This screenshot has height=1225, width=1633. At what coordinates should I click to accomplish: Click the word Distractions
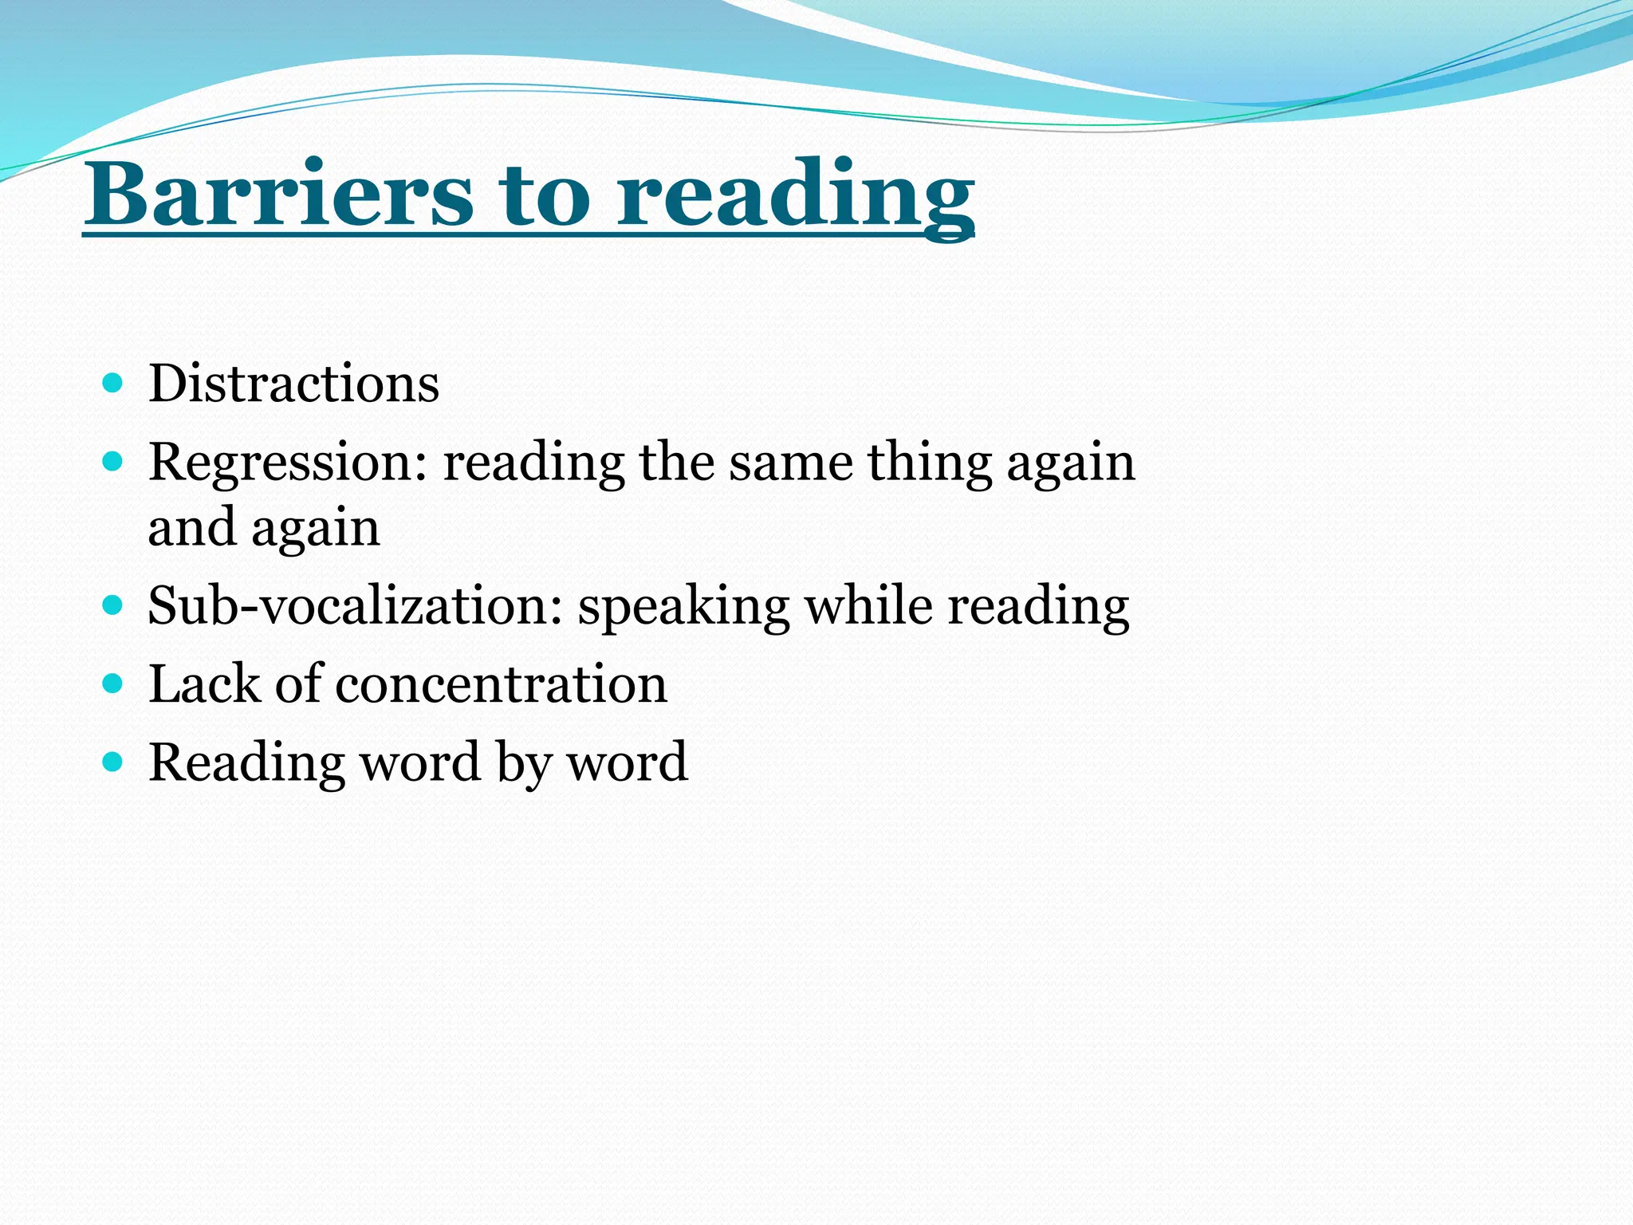tap(293, 384)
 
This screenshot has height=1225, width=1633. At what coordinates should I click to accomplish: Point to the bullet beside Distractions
tap(113, 384)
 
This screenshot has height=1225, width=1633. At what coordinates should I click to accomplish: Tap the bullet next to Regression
tap(113, 461)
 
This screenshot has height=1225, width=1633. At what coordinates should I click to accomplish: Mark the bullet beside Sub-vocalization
tap(113, 605)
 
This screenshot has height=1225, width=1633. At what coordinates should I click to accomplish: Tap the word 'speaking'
tap(684, 608)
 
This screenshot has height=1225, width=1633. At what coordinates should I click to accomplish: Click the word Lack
tap(204, 683)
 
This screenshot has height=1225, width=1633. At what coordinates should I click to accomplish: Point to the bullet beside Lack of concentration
tap(113, 683)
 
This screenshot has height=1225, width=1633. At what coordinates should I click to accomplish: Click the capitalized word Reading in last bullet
tap(247, 763)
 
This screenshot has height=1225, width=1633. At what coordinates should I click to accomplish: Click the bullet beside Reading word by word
tap(113, 762)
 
